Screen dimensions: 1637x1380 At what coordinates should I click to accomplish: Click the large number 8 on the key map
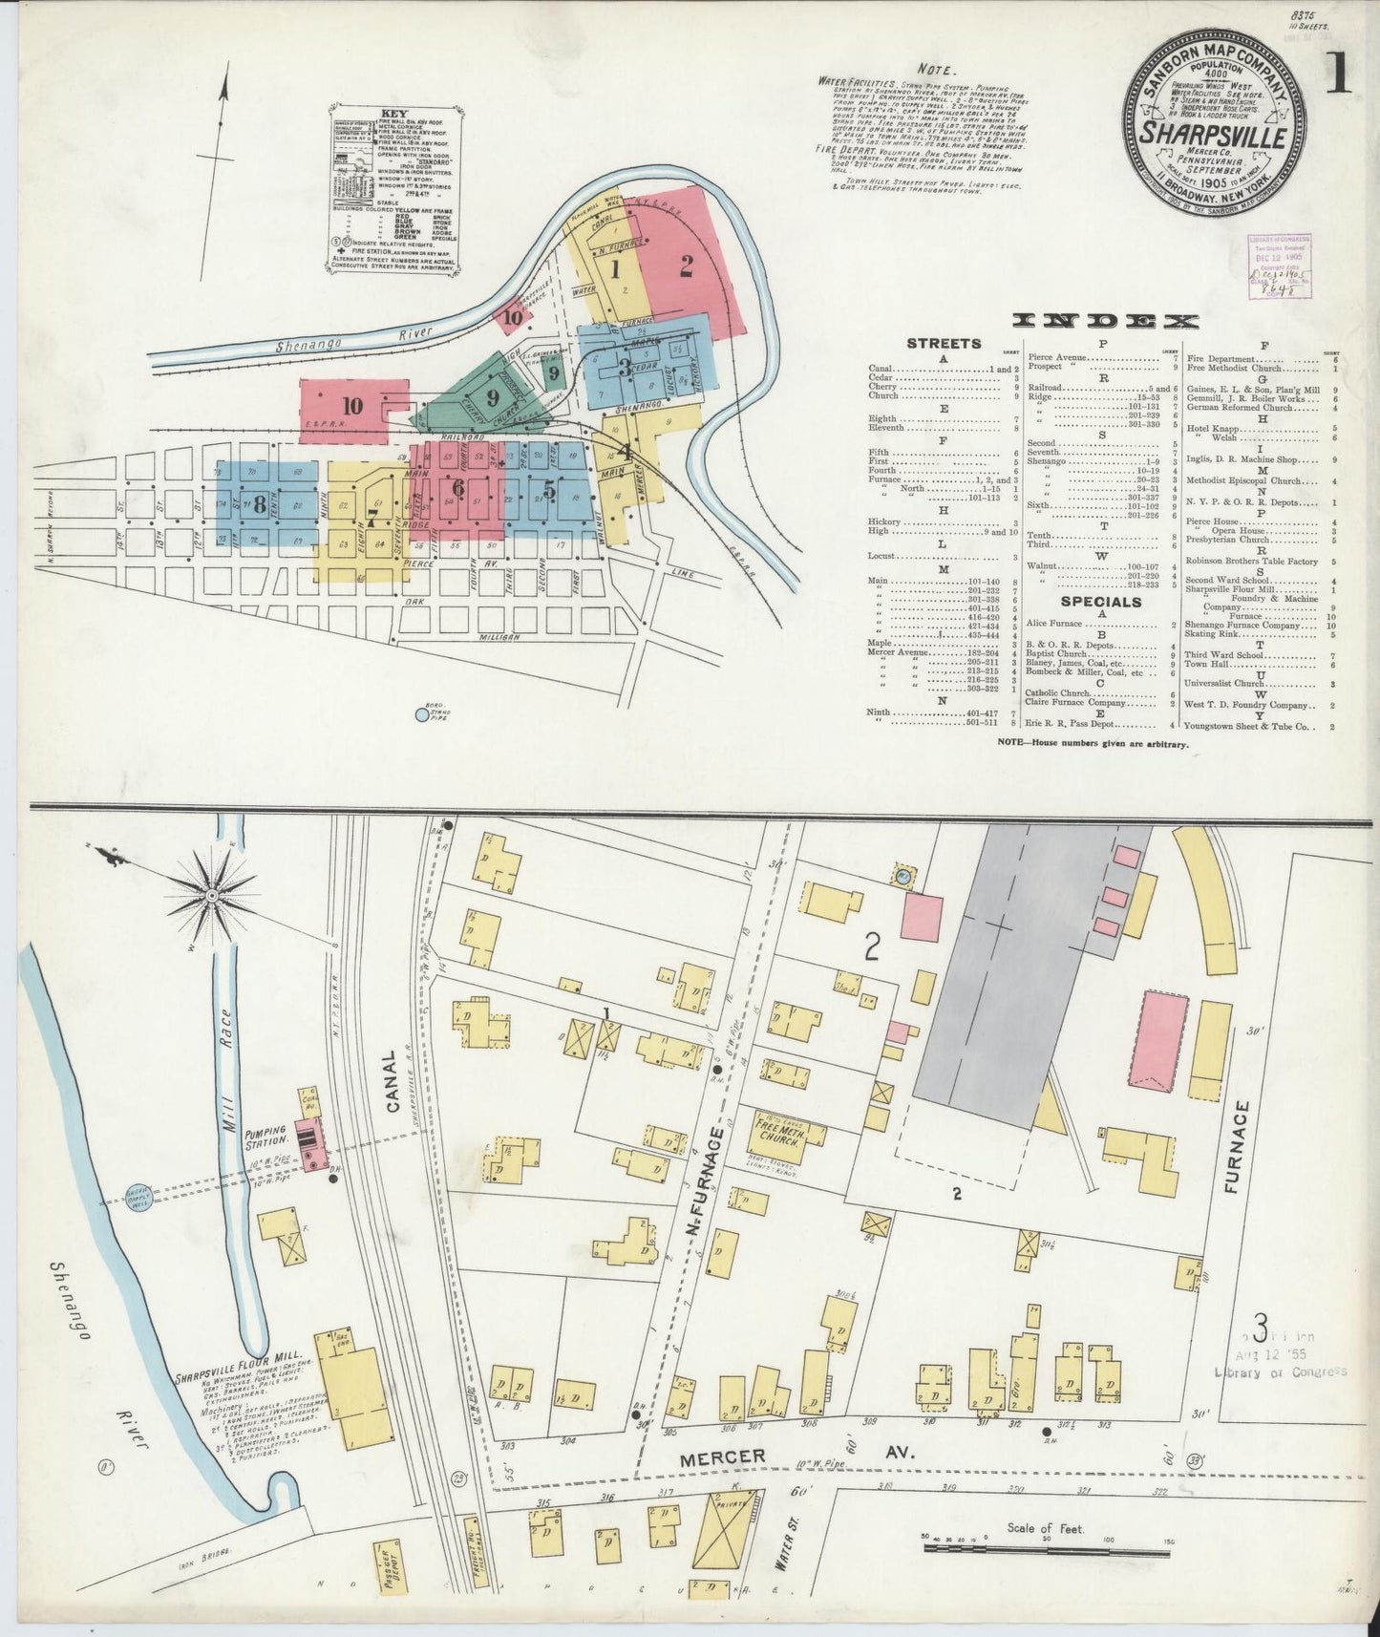click(259, 506)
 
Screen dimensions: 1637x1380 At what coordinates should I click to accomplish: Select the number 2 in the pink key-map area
click(686, 267)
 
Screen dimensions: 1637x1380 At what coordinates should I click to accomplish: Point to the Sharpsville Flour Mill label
click(239, 1354)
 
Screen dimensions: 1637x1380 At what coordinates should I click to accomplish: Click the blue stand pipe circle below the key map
click(423, 712)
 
